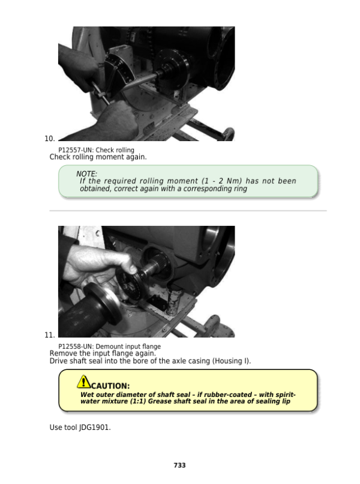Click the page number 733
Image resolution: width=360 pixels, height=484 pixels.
coord(179,465)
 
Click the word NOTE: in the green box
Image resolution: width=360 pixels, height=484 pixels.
coord(86,174)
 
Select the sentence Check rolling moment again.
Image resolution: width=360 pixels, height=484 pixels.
coord(97,157)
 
